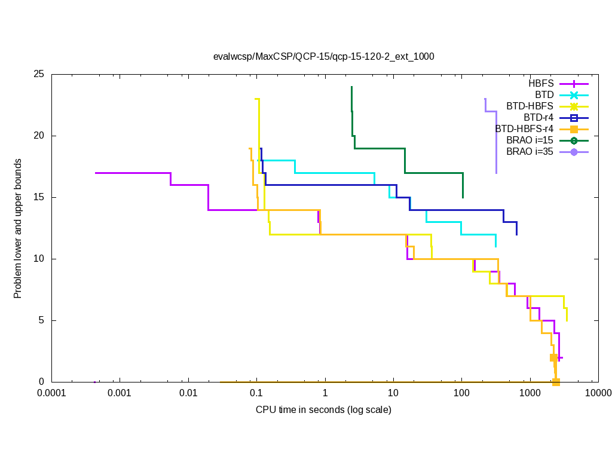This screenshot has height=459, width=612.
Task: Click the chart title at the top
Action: click(323, 57)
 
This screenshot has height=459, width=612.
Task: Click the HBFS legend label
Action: click(541, 83)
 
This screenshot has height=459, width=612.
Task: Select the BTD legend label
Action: click(544, 94)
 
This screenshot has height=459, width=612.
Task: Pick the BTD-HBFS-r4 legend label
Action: click(524, 128)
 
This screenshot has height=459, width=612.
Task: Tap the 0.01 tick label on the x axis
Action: click(188, 394)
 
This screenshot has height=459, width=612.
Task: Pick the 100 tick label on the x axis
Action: click(461, 394)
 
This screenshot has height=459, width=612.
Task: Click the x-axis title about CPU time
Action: click(323, 410)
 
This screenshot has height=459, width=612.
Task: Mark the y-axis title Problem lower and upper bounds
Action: click(18, 229)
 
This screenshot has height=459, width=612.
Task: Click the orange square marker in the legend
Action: click(574, 129)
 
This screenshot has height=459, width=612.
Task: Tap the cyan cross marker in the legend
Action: click(574, 95)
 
